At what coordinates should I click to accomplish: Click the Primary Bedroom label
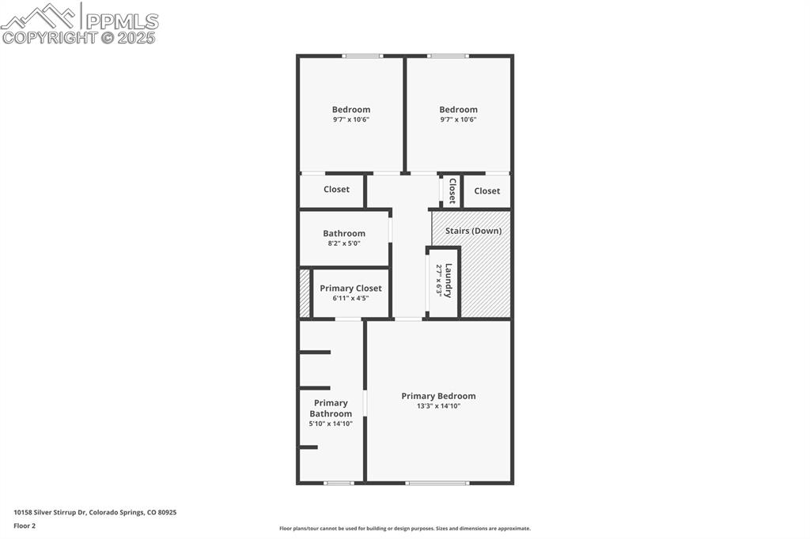coord(438,396)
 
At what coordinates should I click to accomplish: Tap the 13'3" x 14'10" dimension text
coord(438,406)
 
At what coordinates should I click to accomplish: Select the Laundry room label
coord(449,281)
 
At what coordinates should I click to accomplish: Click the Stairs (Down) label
coord(473,231)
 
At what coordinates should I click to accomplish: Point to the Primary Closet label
coord(350,288)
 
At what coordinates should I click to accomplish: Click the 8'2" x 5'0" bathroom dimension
coord(344,243)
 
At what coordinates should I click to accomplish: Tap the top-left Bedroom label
coord(350,110)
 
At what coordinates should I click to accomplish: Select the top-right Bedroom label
coord(458,110)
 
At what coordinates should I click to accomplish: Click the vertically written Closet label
coord(452,190)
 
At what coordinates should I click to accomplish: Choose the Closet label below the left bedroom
coord(336,190)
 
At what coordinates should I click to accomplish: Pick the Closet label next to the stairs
coord(486,190)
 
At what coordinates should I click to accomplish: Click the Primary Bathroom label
coord(331,408)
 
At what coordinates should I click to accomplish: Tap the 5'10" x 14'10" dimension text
coord(331,424)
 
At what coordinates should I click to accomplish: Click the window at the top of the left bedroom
coord(362,55)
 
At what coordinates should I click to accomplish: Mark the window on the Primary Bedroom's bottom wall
coord(437,482)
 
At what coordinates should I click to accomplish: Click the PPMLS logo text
coord(121,21)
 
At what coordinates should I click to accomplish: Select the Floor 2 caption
coord(25,526)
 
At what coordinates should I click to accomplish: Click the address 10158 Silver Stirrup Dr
coord(95,512)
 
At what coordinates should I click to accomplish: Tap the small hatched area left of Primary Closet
coord(305,293)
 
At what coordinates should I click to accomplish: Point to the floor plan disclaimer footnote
coord(404,529)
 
